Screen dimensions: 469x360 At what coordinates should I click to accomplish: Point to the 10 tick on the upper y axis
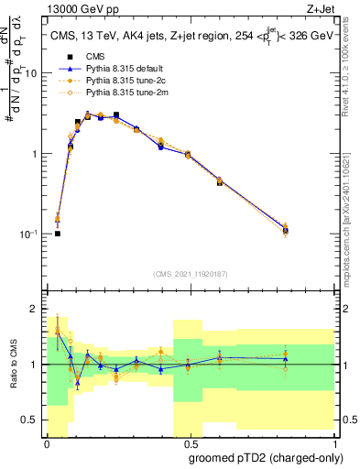(x=34, y=73)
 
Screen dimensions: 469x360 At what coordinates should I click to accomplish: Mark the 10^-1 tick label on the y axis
(x=31, y=234)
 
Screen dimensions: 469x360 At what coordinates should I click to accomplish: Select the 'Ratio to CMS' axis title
(x=13, y=365)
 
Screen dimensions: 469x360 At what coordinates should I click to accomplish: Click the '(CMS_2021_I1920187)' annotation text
(x=189, y=274)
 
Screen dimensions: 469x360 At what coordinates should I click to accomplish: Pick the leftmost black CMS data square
(x=58, y=234)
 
